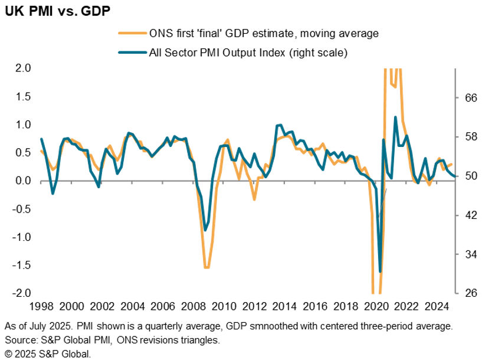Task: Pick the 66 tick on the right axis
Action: pyautogui.click(x=467, y=98)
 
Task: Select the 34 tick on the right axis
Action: pyautogui.click(x=467, y=254)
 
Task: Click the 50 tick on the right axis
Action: pyautogui.click(x=467, y=176)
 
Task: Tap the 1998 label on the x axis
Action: pyautogui.click(x=41, y=306)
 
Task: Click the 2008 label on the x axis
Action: pyautogui.click(x=192, y=306)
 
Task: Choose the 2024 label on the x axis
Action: pyautogui.click(x=436, y=306)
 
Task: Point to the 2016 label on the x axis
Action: pyautogui.click(x=314, y=306)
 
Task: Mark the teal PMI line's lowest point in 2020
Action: pyautogui.click(x=380, y=271)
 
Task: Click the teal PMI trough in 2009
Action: pyautogui.click(x=205, y=230)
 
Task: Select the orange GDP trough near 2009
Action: pyautogui.click(x=206, y=268)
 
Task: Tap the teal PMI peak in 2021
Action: pyautogui.click(x=395, y=117)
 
